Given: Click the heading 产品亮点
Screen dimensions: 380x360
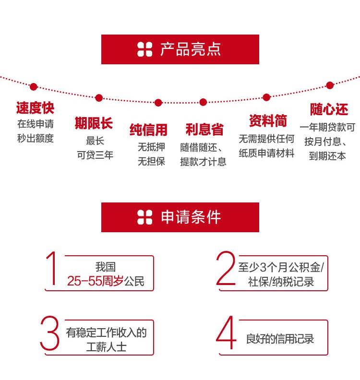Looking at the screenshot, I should click(x=191, y=49).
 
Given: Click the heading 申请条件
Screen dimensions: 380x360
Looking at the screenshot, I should click(x=191, y=217).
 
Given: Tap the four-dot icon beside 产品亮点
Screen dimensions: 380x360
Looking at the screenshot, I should click(x=144, y=49).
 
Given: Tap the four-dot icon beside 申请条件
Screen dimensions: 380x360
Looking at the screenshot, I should click(x=144, y=217).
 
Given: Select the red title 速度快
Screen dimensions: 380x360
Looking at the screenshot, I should click(x=35, y=107).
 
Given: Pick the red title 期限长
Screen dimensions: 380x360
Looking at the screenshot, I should click(x=94, y=123).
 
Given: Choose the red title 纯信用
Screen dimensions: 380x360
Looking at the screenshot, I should click(x=148, y=130).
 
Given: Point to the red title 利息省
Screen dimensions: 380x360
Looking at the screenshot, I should click(x=204, y=130).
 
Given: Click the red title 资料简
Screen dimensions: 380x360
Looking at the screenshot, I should click(x=267, y=120).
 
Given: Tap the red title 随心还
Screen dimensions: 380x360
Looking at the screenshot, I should click(x=329, y=109).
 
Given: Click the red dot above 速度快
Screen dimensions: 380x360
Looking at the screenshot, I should click(x=33, y=87).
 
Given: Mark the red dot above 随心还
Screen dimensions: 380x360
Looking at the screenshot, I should click(x=330, y=85).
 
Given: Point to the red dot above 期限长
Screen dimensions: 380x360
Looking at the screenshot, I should click(x=99, y=98).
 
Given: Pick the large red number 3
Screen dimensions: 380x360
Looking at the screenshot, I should click(x=50, y=333).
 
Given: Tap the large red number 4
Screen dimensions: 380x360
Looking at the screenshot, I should click(x=226, y=333).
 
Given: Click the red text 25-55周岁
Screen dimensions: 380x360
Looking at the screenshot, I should click(x=95, y=282).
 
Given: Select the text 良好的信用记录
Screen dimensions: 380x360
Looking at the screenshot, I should click(x=280, y=339).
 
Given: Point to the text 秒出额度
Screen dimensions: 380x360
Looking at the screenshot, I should click(x=36, y=139).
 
